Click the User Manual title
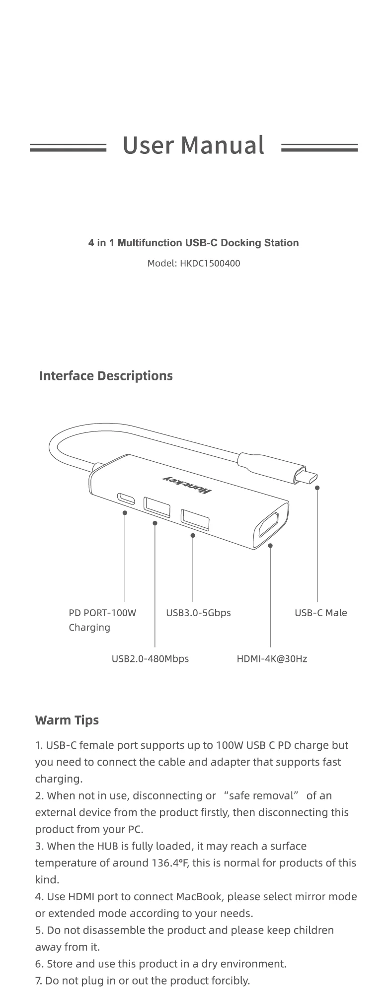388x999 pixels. tap(193, 145)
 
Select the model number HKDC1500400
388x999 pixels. tap(210, 263)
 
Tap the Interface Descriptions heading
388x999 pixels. tap(106, 375)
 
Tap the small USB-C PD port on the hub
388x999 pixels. tap(125, 497)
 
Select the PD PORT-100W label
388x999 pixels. tap(102, 613)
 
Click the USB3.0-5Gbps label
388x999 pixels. tap(198, 613)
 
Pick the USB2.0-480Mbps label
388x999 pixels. tap(150, 659)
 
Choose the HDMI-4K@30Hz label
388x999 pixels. tap(272, 659)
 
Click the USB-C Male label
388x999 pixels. tap(320, 613)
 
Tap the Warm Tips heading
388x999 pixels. tap(67, 720)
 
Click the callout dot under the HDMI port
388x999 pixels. tap(270, 546)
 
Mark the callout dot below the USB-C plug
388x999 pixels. tap(317, 488)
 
